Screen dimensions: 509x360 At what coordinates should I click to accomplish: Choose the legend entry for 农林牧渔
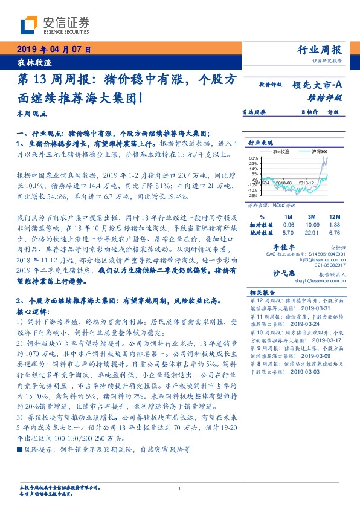pos(281,151)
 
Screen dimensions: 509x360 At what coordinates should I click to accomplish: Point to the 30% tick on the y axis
pos(253,157)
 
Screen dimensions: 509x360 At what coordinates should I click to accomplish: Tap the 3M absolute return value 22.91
pos(311,232)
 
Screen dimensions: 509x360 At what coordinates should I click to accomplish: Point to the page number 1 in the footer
pos(180,488)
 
